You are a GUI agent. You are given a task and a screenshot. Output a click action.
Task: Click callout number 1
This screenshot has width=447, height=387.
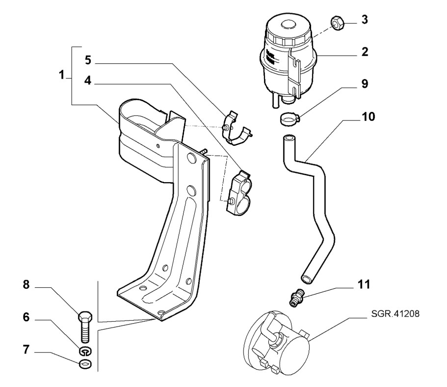point(62,76)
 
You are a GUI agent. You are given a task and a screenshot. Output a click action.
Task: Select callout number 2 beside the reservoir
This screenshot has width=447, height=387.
point(365,51)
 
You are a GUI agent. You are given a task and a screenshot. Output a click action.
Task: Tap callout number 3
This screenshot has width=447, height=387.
point(365,21)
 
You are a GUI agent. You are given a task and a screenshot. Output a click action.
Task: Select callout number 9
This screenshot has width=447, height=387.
point(365,83)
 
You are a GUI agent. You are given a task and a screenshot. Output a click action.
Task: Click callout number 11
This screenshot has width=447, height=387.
point(364,284)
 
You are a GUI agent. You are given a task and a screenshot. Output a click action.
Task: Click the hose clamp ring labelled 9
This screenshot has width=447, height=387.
point(289,118)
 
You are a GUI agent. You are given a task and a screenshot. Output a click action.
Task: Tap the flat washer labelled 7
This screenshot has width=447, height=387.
point(85,364)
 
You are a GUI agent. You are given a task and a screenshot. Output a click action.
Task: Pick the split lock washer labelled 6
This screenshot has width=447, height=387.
point(85,351)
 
